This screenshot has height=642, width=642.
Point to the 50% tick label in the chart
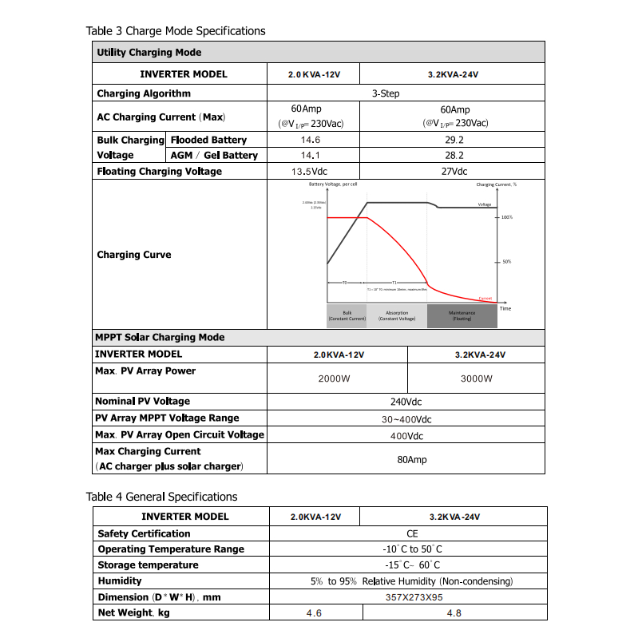point(505,262)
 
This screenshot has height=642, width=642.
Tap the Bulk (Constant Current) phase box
point(347,316)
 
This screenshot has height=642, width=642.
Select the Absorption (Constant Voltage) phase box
point(397,316)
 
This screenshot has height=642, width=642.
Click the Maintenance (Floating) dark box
point(462,316)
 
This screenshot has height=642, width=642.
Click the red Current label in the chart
point(485,297)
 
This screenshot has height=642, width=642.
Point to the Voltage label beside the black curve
point(485,204)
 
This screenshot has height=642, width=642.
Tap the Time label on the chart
point(505,308)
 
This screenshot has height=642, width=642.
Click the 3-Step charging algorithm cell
point(386,93)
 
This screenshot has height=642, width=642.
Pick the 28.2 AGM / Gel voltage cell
point(454,156)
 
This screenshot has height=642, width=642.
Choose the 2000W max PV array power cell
point(334,378)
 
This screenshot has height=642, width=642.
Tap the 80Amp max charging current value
point(412,460)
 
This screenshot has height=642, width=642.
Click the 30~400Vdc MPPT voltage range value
point(406,419)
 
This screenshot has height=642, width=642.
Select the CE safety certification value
point(412,533)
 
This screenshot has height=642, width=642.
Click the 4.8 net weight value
point(454,613)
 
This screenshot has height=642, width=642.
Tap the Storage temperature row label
point(148,565)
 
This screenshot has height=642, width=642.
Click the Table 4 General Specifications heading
point(161,497)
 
